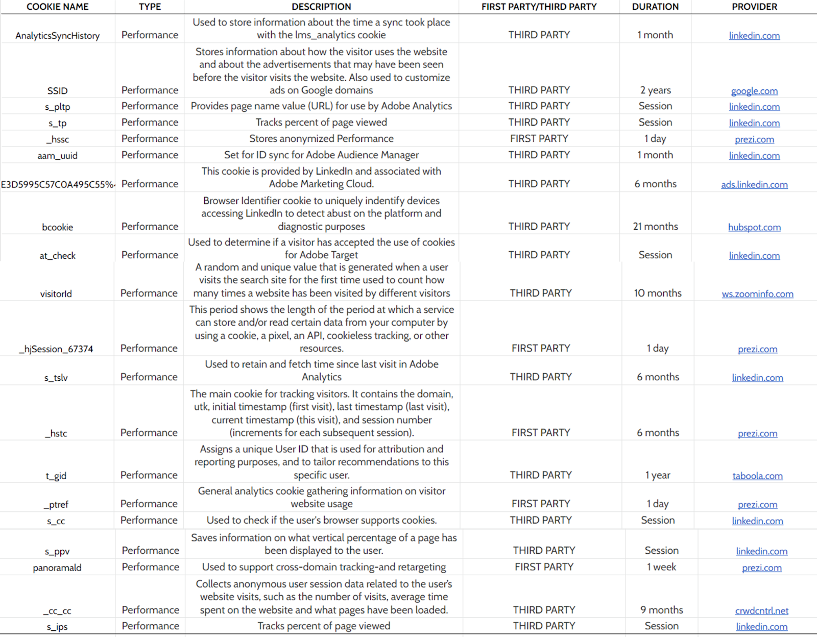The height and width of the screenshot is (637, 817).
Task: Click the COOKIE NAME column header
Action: pyautogui.click(x=57, y=7)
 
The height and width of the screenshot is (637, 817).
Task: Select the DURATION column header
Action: pyautogui.click(x=655, y=7)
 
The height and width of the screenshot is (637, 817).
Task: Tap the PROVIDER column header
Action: pyautogui.click(x=754, y=7)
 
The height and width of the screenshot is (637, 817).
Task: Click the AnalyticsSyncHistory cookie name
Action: pyautogui.click(x=57, y=36)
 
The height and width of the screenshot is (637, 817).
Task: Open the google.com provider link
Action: pyautogui.click(x=754, y=91)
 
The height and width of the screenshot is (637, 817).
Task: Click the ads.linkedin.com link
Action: pyautogui.click(x=754, y=185)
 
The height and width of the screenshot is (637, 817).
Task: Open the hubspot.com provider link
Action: pyautogui.click(x=754, y=227)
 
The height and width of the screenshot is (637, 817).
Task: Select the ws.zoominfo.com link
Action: pyautogui.click(x=757, y=294)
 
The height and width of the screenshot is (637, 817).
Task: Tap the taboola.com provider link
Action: pyautogui.click(x=757, y=476)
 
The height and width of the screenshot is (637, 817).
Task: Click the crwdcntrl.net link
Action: pyautogui.click(x=761, y=611)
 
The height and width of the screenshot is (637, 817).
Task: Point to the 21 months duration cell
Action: pyautogui.click(x=655, y=227)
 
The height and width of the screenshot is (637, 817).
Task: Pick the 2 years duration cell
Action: pyautogui.click(x=655, y=90)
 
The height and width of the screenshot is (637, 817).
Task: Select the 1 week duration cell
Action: pyautogui.click(x=661, y=567)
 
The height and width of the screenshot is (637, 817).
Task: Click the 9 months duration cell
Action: pyautogui.click(x=661, y=610)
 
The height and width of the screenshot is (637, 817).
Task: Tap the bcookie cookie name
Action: pyautogui.click(x=57, y=227)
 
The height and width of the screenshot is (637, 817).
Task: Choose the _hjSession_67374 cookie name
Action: pyautogui.click(x=56, y=349)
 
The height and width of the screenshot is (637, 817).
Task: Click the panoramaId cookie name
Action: pyautogui.click(x=57, y=568)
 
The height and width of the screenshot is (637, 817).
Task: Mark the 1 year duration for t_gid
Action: pyautogui.click(x=658, y=475)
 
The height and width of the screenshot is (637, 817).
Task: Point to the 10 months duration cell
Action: pyautogui.click(x=658, y=293)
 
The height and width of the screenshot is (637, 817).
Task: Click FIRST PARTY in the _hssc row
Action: pyautogui.click(x=539, y=139)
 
